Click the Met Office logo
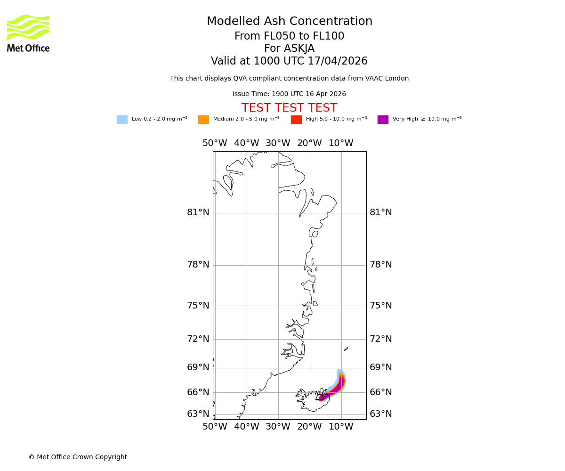(28, 33)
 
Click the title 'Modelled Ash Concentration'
(290, 22)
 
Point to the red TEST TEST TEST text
(289, 108)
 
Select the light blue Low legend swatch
(122, 120)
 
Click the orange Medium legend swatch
(203, 120)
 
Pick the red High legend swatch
(296, 120)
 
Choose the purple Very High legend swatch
(383, 120)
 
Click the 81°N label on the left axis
(198, 213)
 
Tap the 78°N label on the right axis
(381, 265)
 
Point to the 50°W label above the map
(215, 143)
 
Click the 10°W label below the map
(341, 427)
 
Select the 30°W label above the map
(278, 143)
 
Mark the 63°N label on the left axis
(198, 414)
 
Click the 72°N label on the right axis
(381, 339)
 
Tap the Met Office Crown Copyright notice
(78, 457)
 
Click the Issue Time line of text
(289, 94)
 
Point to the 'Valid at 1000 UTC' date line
(289, 61)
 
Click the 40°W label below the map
(246, 427)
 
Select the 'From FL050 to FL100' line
(289, 36)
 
